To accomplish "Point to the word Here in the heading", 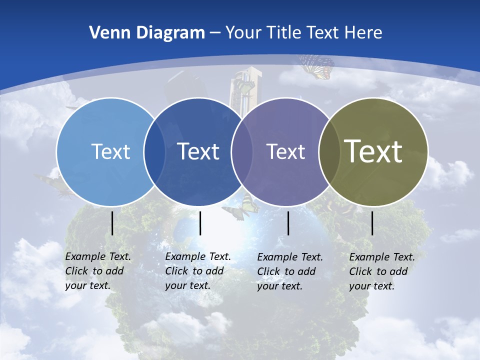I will click(x=363, y=33).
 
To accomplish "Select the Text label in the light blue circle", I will click(x=110, y=151).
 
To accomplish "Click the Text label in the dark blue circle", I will click(x=198, y=151).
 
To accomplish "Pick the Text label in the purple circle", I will click(x=285, y=151).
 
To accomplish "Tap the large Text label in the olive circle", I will click(x=373, y=151).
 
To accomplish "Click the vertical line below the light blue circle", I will click(x=112, y=223).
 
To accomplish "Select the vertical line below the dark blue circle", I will click(x=200, y=223).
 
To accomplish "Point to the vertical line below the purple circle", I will click(x=288, y=223).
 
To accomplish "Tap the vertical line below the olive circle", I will click(x=372, y=223).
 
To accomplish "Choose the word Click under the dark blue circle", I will click(x=176, y=271).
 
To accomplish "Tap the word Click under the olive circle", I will click(x=360, y=271).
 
